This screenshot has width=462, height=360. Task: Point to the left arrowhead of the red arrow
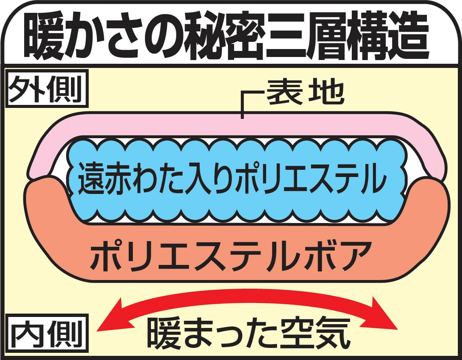point(115,321)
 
